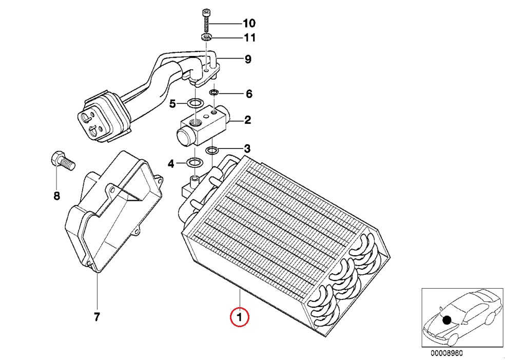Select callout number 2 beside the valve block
(247, 121)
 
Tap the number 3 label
(247, 149)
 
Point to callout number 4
(170, 164)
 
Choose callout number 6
(249, 94)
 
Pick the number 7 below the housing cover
(96, 316)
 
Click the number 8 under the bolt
(56, 196)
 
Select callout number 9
(247, 60)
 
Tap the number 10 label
(249, 23)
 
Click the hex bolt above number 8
(62, 161)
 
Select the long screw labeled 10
(206, 22)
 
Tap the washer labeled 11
(206, 37)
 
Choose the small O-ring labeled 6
(214, 93)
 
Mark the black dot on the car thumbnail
(447, 319)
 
